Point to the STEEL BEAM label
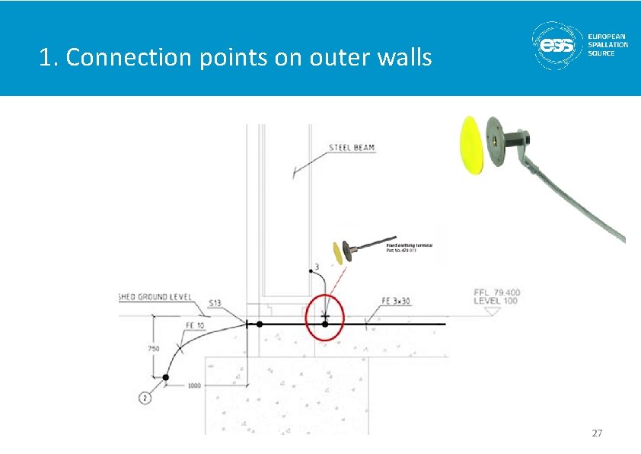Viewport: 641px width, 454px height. point(351,147)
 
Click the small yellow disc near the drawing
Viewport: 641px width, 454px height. point(336,253)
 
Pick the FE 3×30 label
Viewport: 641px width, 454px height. point(396,302)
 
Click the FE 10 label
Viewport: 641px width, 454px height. point(195,326)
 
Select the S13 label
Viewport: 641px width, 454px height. point(215,304)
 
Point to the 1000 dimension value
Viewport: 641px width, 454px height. point(194,385)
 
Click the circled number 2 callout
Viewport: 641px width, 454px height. point(145,397)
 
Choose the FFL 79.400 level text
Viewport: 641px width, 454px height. point(496,292)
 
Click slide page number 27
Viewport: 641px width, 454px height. point(597,433)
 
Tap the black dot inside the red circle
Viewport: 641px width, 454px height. point(325,324)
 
